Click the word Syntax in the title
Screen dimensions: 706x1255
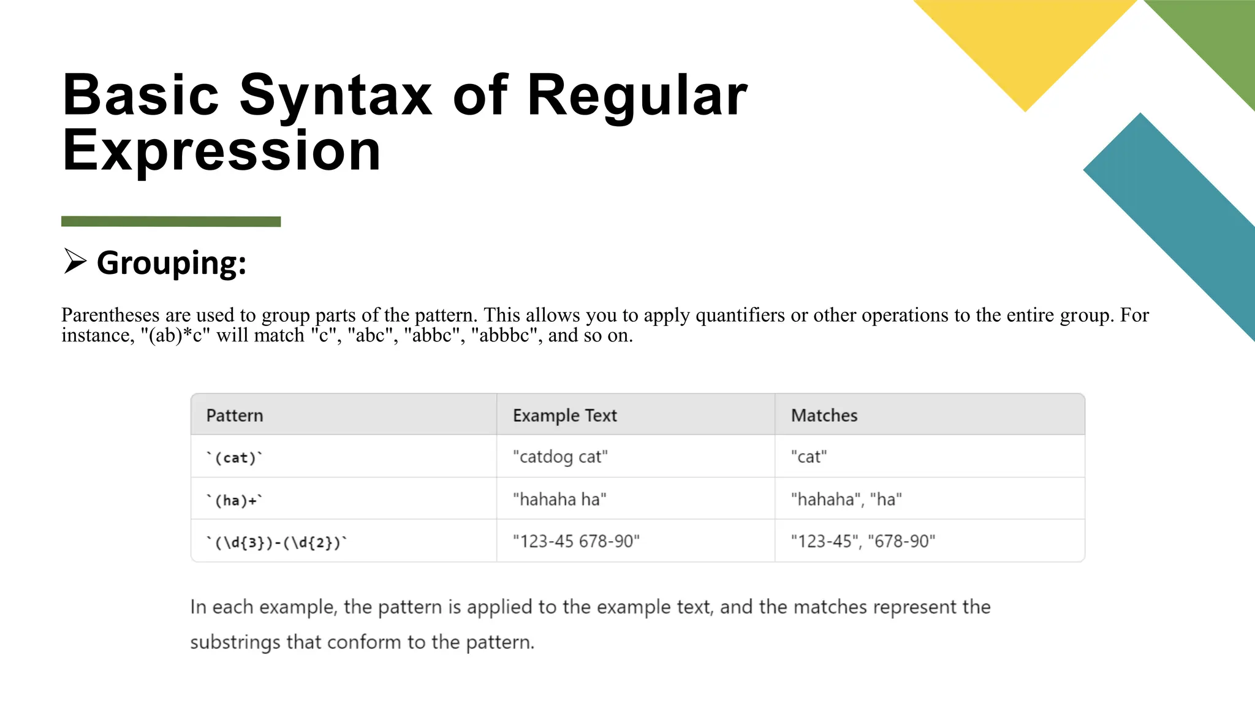coord(335,96)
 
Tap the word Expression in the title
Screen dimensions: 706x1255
coord(222,150)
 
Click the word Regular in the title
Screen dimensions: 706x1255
coord(637,96)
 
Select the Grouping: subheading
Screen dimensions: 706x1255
coord(172,263)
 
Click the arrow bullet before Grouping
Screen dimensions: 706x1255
coord(75,262)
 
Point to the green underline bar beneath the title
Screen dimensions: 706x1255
coord(171,221)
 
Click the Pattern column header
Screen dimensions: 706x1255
coord(235,416)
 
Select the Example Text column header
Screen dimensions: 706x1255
coord(564,416)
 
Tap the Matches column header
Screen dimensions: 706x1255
coord(824,416)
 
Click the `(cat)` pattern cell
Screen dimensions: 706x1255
coord(235,458)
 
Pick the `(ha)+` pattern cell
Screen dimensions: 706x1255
coord(235,501)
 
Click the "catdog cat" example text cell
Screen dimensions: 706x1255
coord(560,457)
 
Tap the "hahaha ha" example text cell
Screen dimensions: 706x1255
coord(559,499)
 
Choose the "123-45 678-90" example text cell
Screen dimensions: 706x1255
coord(576,542)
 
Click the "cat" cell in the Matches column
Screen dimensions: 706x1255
coord(809,457)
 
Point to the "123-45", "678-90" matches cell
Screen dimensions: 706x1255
coord(863,542)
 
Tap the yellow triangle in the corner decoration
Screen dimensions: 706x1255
coord(1025,43)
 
